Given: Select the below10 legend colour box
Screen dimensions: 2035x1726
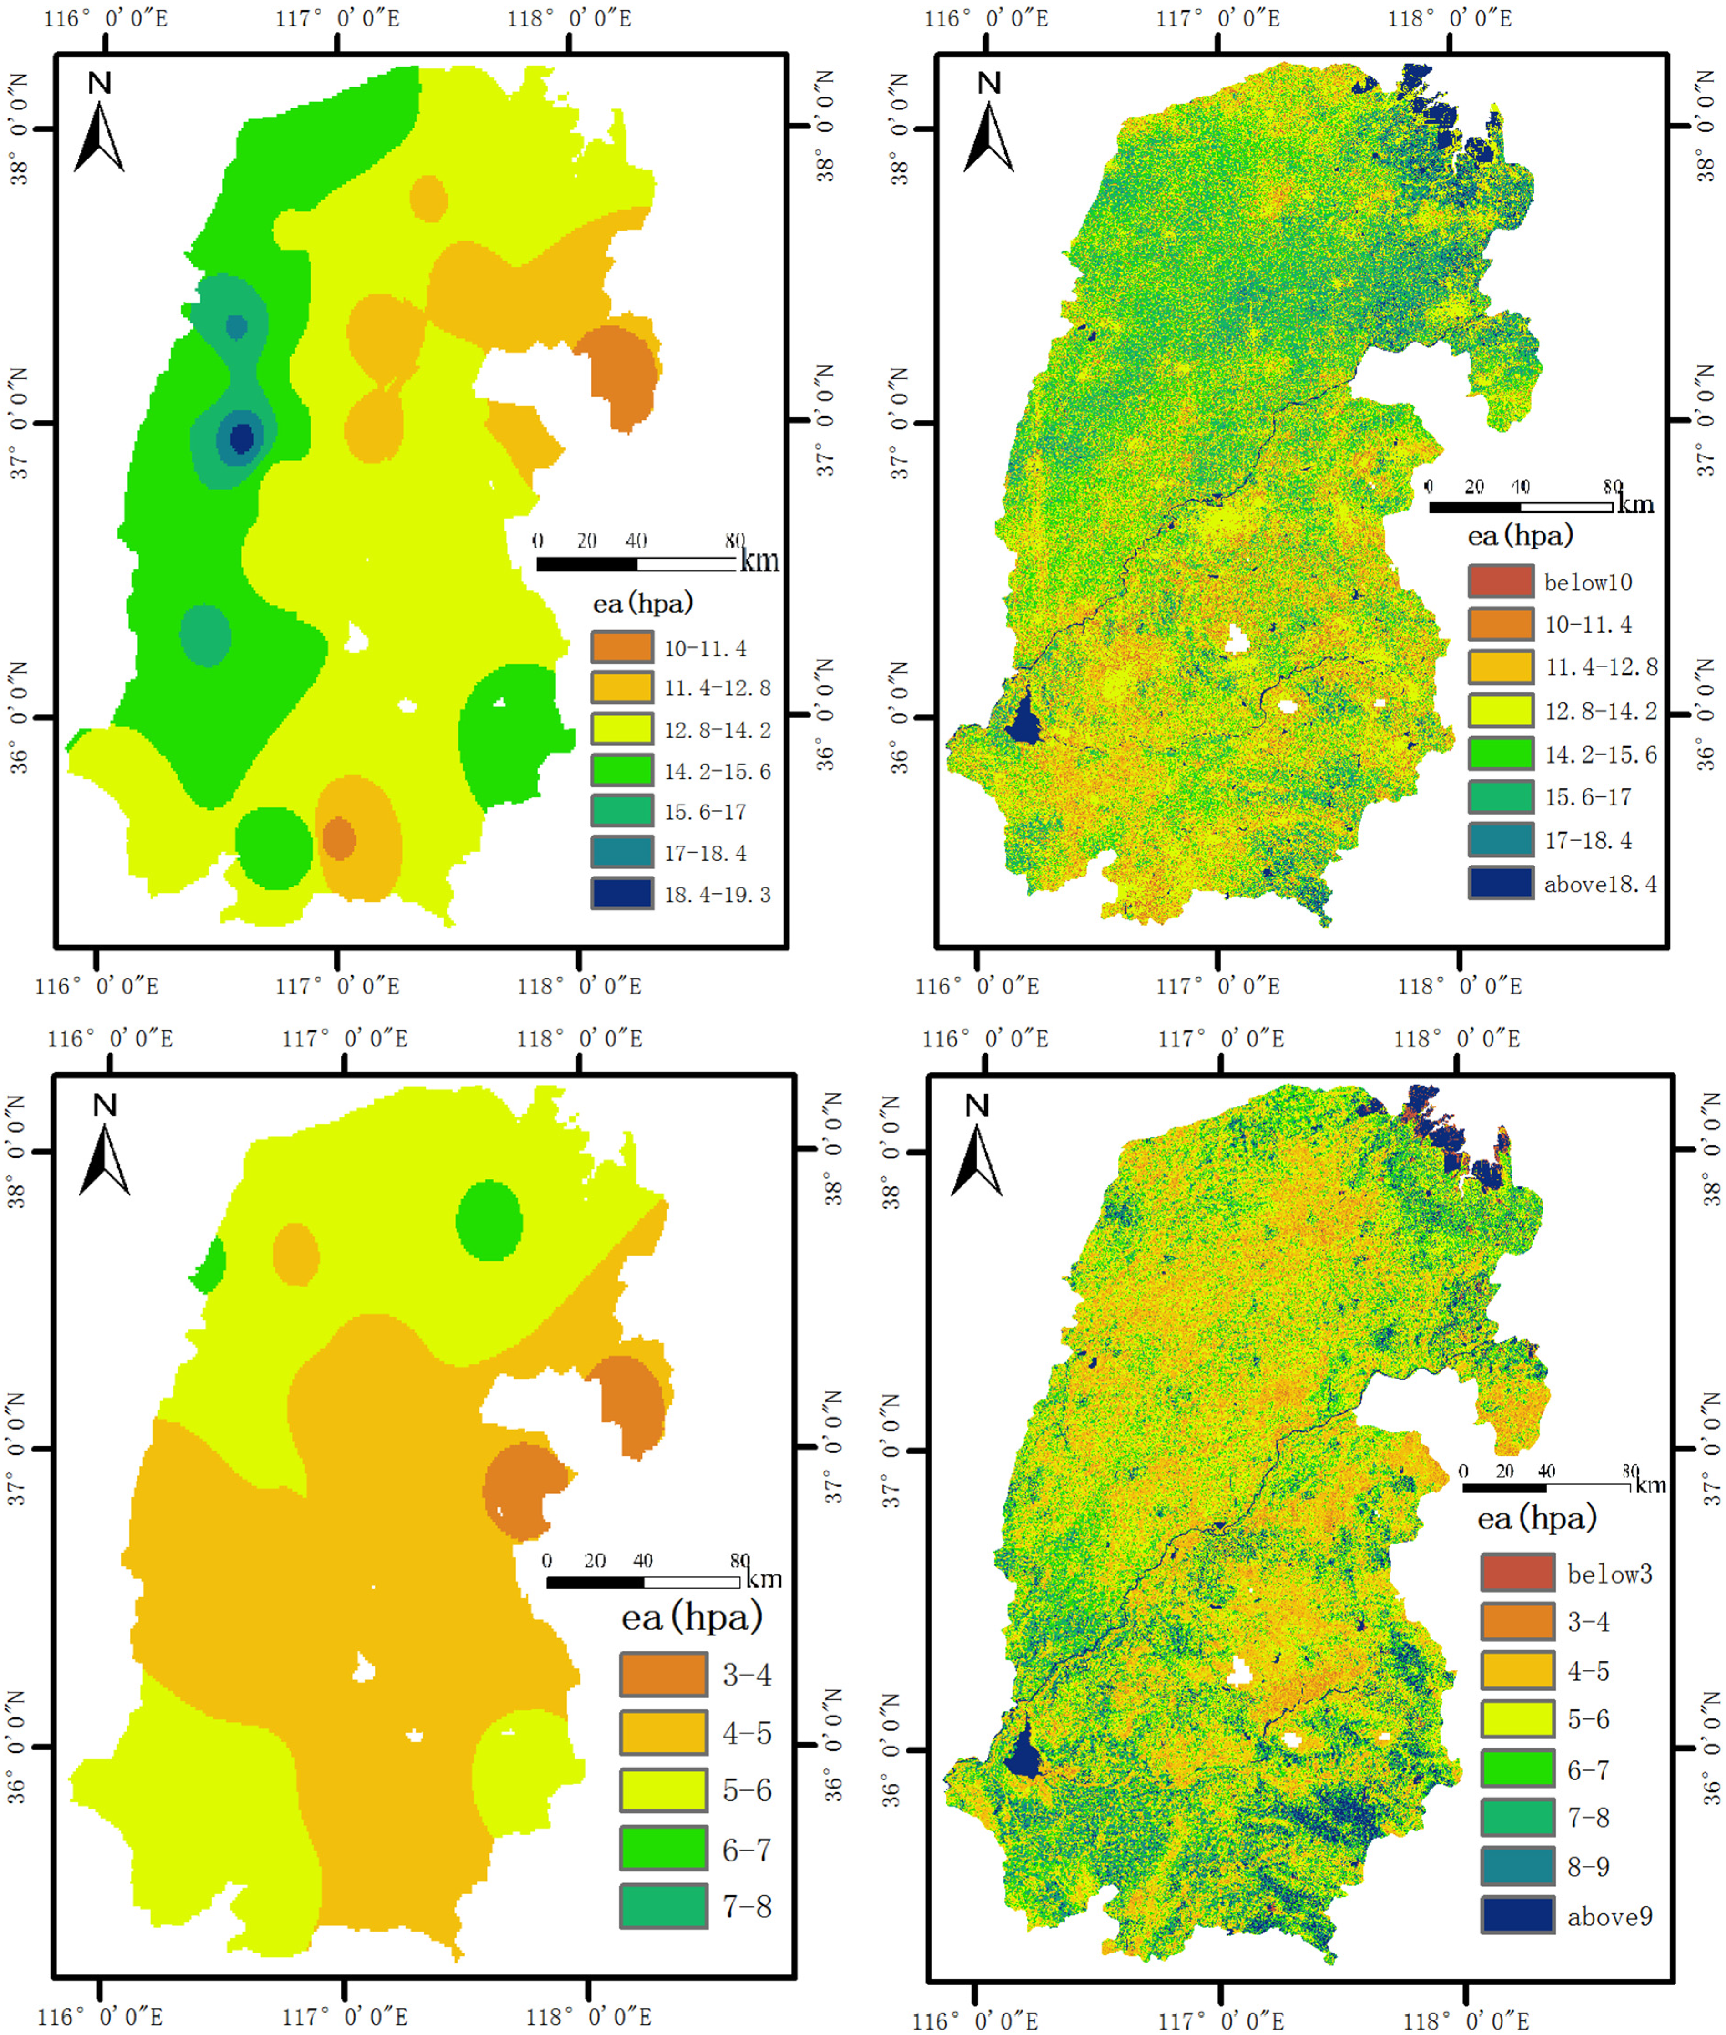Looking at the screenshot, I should [x=1500, y=581].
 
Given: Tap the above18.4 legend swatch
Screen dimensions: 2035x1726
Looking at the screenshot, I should [x=1500, y=883].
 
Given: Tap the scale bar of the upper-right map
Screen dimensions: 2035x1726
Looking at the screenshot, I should [x=1520, y=506].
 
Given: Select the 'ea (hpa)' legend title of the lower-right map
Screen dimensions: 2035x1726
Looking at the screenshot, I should [x=1536, y=1518].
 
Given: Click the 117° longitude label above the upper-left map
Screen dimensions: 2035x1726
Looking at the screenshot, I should [x=337, y=19].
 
